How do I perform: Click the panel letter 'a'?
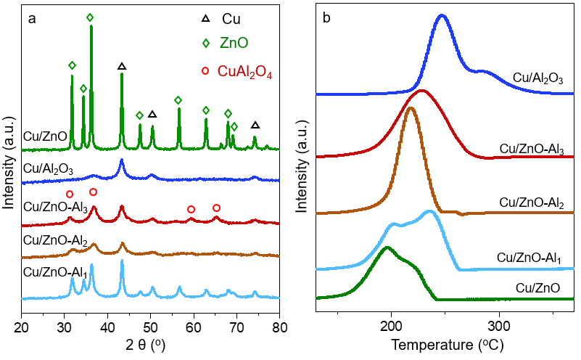[32, 20]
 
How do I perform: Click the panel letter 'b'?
[326, 20]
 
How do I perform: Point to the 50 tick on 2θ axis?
[151, 317]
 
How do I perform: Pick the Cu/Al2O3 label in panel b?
[538, 77]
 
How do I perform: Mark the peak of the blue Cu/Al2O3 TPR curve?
[442, 15]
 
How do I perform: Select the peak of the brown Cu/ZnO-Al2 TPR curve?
[411, 108]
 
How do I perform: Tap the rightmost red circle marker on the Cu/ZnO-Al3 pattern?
[216, 208]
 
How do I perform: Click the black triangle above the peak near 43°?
[122, 66]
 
